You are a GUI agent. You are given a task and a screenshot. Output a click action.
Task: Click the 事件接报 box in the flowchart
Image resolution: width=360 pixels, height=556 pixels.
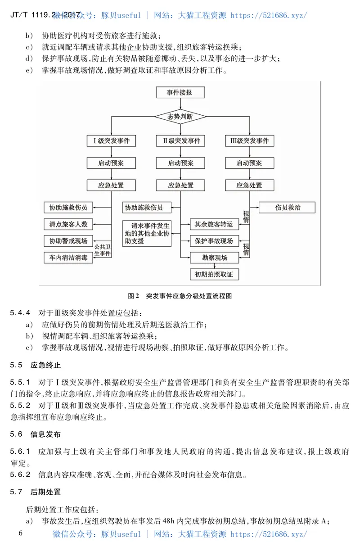click(x=180, y=93)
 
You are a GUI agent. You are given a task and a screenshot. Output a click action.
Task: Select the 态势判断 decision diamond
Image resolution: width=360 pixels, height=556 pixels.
click(x=180, y=117)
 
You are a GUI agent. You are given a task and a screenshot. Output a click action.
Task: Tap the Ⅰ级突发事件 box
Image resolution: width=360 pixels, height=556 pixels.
click(x=111, y=141)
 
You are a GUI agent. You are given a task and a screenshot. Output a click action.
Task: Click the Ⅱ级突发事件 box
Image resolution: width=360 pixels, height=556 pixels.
click(x=180, y=141)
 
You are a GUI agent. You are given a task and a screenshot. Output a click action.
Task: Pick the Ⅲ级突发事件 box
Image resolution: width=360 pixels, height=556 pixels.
click(x=249, y=141)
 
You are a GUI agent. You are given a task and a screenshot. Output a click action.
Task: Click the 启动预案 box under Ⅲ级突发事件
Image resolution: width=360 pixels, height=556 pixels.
click(x=249, y=163)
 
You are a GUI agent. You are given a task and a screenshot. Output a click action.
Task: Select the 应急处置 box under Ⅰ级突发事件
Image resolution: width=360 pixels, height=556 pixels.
click(x=111, y=185)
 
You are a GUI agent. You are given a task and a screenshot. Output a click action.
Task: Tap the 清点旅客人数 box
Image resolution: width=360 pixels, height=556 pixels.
click(x=68, y=224)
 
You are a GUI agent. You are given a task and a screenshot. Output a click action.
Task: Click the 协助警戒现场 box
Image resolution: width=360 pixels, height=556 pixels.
click(x=68, y=240)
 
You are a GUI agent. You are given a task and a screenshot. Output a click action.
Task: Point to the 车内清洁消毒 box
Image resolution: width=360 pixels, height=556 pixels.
click(x=68, y=258)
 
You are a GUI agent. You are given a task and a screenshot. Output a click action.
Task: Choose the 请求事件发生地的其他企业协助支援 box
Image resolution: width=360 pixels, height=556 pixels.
click(x=147, y=233)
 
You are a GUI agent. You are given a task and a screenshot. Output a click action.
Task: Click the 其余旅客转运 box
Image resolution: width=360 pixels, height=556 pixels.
click(x=214, y=224)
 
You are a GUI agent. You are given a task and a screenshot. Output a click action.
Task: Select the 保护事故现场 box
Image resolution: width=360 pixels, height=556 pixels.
click(x=214, y=241)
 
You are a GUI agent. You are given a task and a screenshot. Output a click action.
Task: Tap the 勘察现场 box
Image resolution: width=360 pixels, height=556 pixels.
click(x=214, y=258)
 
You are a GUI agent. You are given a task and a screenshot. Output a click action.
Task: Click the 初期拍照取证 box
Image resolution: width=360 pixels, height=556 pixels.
click(x=214, y=274)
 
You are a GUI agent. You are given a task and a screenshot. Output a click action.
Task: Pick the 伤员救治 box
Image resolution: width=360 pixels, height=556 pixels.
click(x=287, y=208)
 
